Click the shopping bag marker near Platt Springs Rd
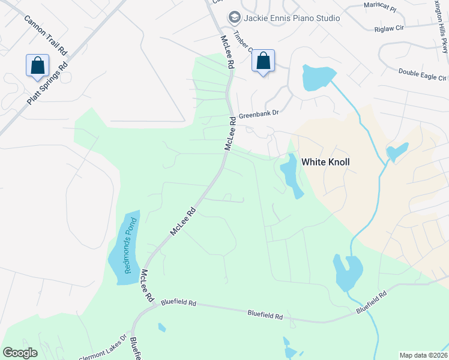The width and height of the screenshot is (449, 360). point(37,65)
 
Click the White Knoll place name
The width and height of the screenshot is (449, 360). point(325,162)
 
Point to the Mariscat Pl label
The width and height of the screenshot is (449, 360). point(381,7)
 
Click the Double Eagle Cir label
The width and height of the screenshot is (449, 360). point(423,75)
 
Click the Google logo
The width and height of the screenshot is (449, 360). point(20,353)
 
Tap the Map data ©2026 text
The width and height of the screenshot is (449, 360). point(423,355)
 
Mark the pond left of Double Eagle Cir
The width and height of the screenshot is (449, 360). point(318,77)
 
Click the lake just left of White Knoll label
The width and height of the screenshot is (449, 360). point(291,175)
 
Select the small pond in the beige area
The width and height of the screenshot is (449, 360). point(397,151)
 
